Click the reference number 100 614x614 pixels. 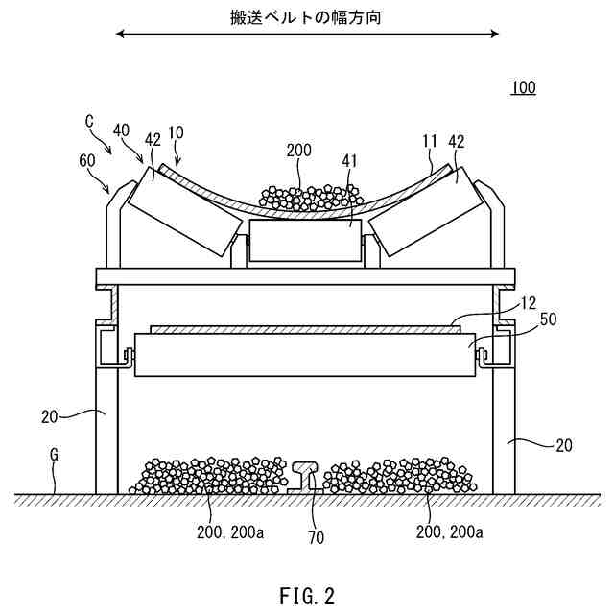[x=523, y=88]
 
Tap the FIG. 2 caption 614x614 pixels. [x=308, y=596]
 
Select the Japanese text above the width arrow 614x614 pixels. [x=306, y=16]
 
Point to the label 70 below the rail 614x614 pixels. [x=315, y=537]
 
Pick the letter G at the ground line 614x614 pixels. [x=55, y=451]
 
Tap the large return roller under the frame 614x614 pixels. [x=306, y=354]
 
